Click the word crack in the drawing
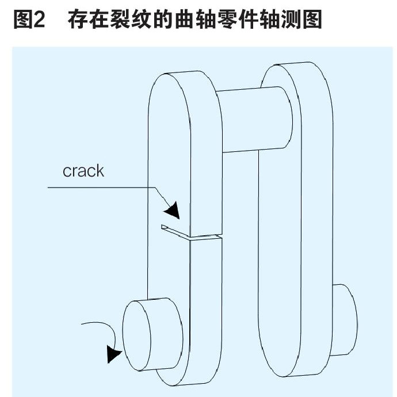(x=83, y=170)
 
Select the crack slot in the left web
(x=190, y=233)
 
